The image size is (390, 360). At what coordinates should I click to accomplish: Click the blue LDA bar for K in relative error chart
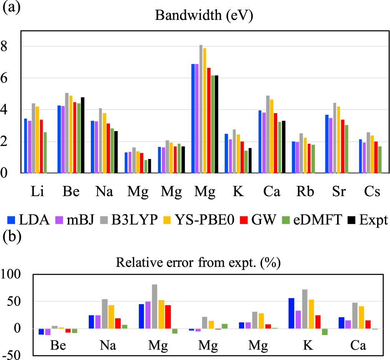[x=292, y=313]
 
